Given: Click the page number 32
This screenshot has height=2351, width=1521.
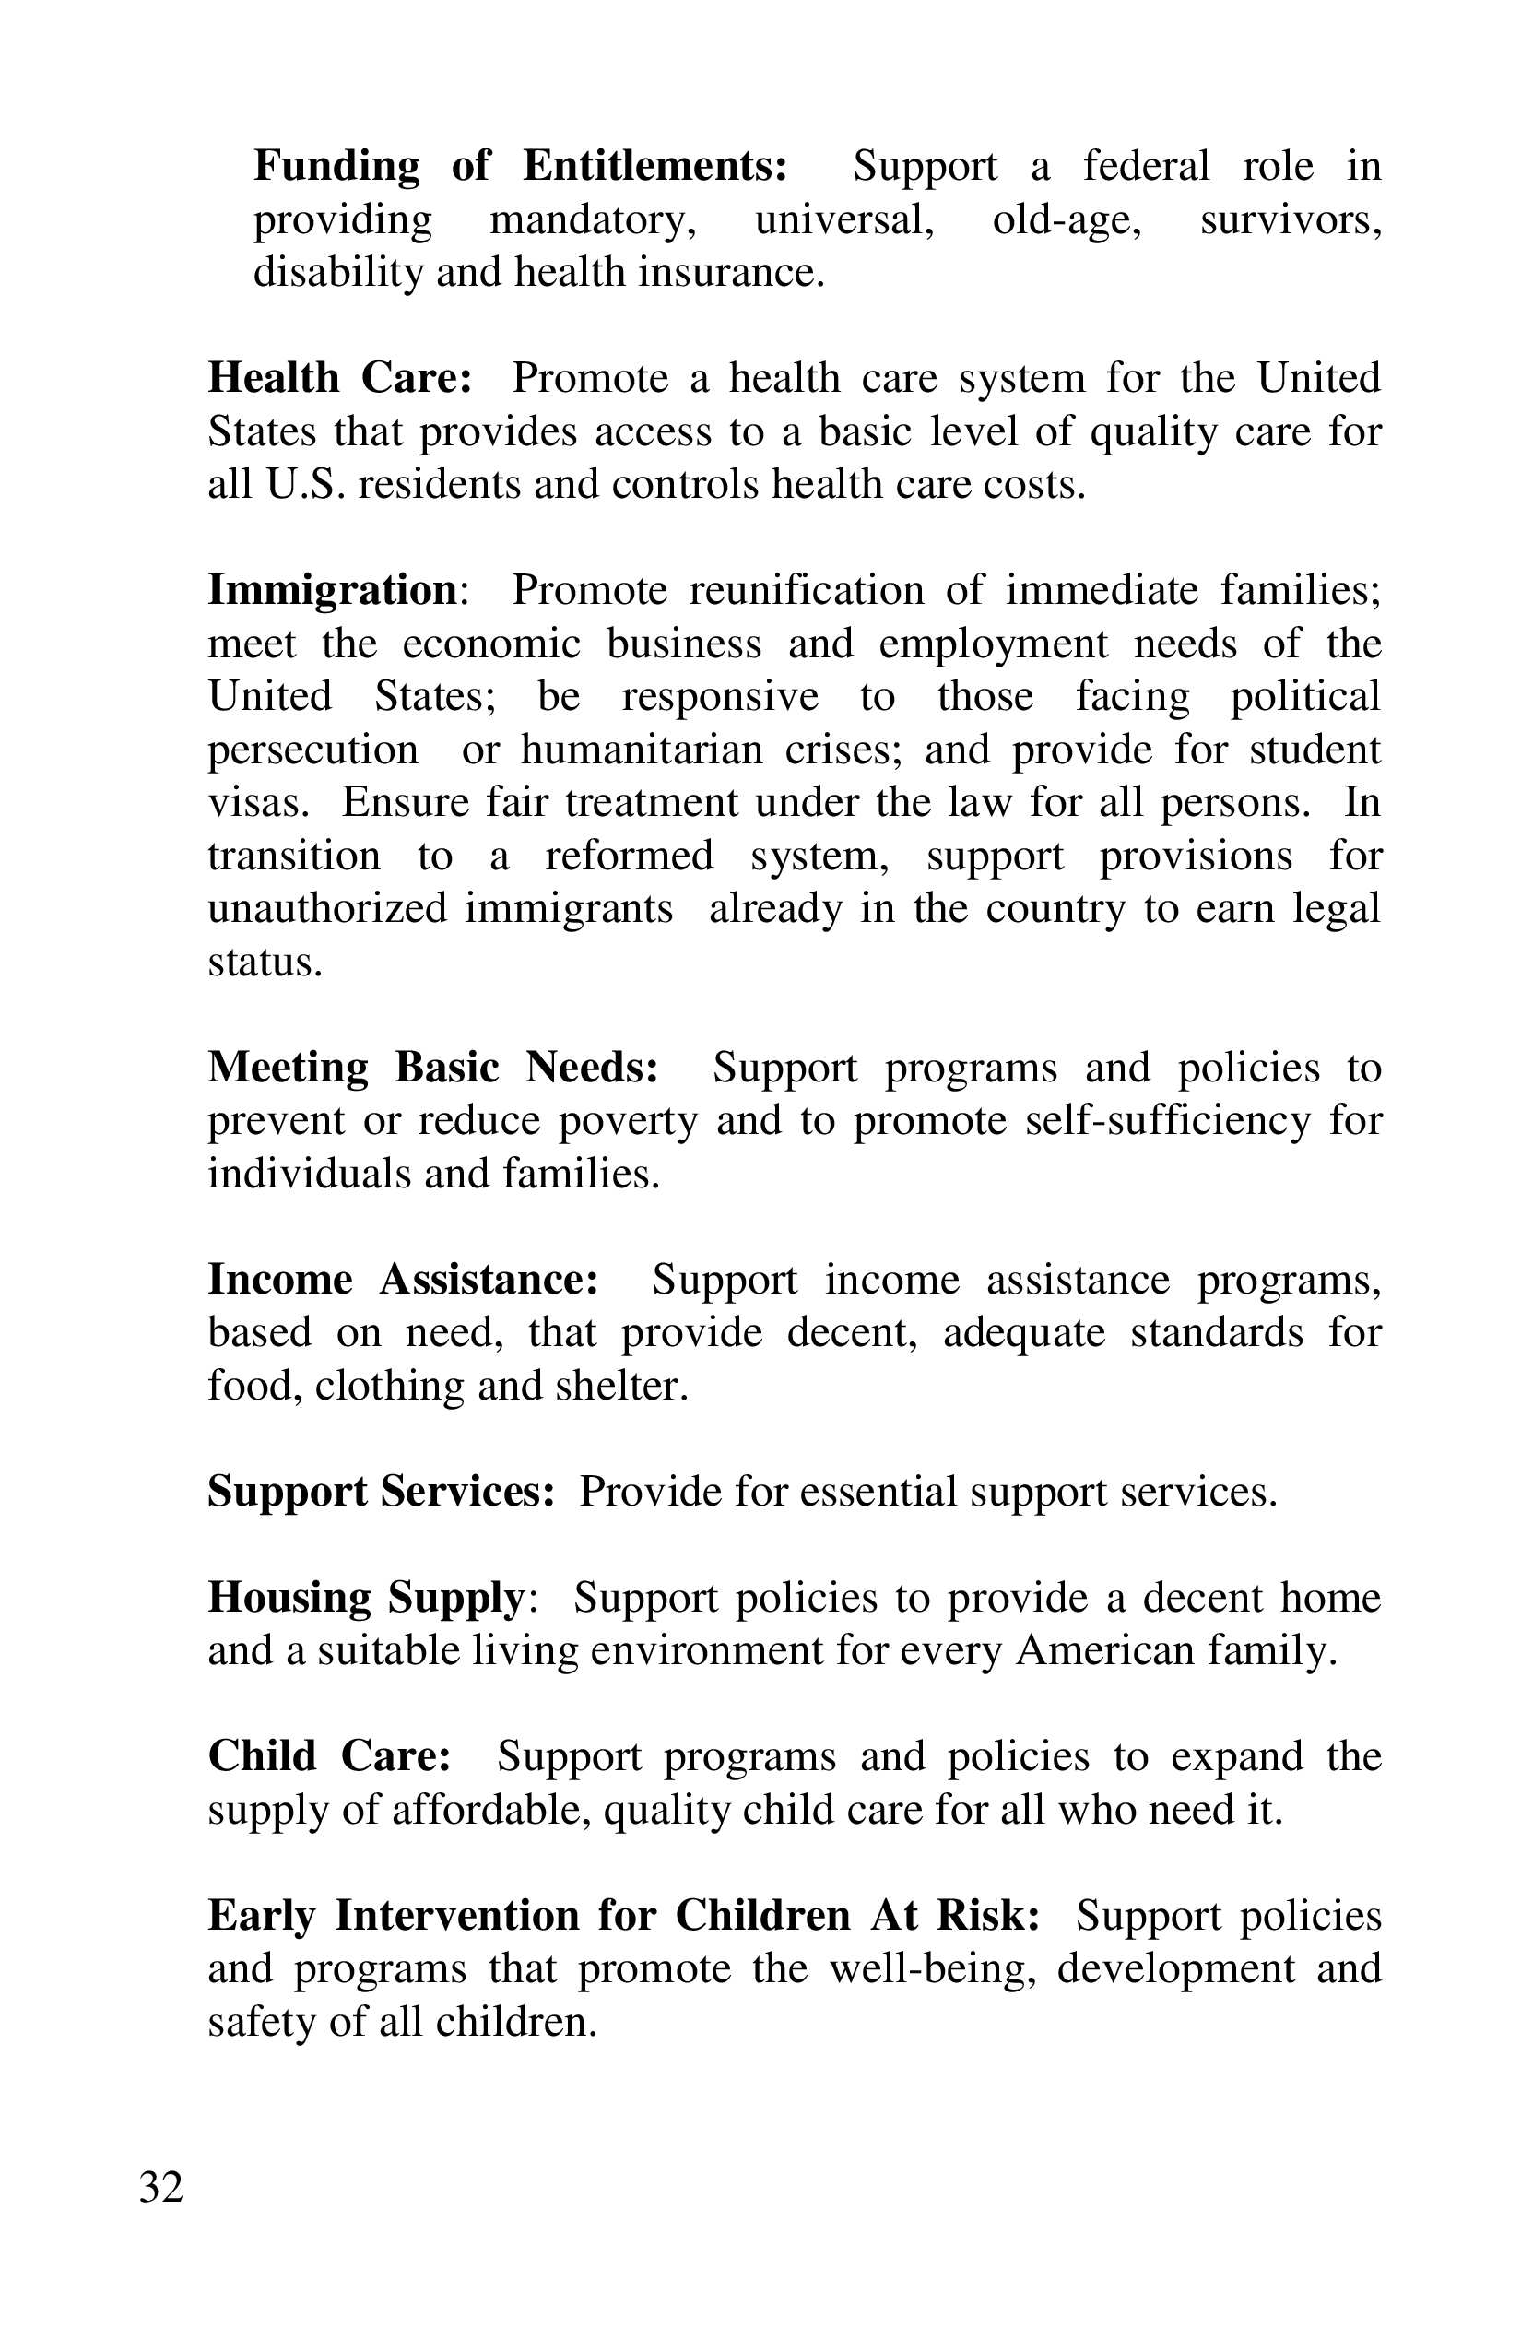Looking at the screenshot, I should [x=161, y=2188].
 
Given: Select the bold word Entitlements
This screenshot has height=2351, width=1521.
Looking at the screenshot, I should [x=654, y=166].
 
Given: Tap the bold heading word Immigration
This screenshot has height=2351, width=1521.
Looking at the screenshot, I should [x=332, y=591].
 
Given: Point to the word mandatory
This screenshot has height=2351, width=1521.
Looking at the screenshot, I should [x=593, y=219].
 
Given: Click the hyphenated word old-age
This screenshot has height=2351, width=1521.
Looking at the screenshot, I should [x=1067, y=219].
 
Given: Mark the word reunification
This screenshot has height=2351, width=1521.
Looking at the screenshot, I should [x=806, y=591].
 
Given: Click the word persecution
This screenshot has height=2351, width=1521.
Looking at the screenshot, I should [x=313, y=750].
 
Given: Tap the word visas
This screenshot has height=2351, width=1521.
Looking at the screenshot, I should [x=258, y=802].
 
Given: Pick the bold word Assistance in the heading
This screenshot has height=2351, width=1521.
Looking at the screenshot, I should [x=489, y=1281].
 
